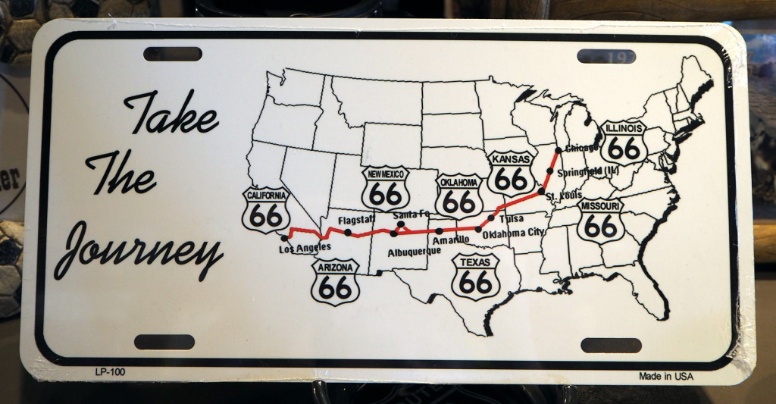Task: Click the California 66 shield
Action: point(266,210)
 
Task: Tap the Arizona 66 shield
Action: point(335,281)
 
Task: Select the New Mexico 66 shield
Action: point(385,189)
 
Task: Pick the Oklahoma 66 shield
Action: point(458,196)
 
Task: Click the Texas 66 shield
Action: point(475,277)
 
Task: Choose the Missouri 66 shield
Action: point(600,220)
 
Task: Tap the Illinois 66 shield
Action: point(624,142)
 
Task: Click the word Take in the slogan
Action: point(171,114)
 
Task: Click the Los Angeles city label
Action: point(305,249)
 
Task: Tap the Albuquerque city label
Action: point(414,251)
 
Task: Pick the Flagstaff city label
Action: point(356,219)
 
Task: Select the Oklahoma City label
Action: point(513,233)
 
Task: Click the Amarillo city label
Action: point(451,240)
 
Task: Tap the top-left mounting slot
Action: point(173,54)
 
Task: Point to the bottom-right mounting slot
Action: point(611,345)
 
